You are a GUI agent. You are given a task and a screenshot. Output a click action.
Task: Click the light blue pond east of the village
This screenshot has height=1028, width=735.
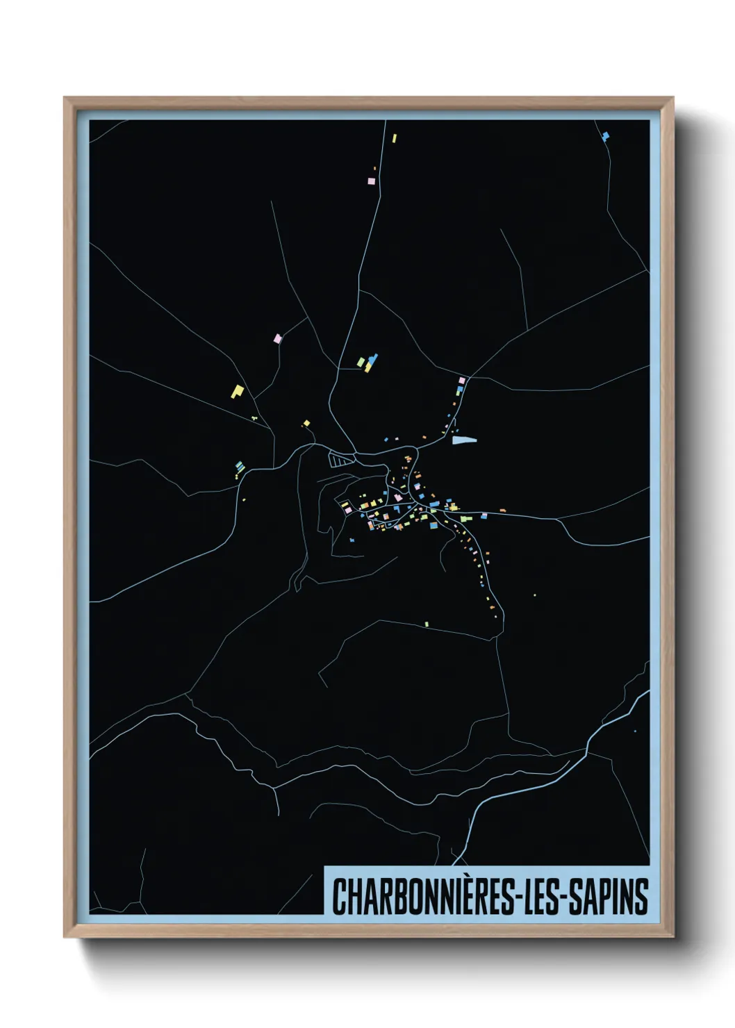[465, 440]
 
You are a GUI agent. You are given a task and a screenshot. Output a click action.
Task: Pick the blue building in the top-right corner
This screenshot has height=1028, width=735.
[605, 135]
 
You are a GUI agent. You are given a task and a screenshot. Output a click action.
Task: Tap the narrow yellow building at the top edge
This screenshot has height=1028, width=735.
[394, 138]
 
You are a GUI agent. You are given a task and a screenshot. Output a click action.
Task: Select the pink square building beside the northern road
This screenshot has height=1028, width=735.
[371, 181]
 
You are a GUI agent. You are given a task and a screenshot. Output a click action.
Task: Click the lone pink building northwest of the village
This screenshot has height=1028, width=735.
[278, 338]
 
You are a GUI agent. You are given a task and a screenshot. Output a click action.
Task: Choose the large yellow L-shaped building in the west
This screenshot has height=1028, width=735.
[238, 392]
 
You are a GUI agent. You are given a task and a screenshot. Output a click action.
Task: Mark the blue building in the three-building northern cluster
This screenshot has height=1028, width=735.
[373, 359]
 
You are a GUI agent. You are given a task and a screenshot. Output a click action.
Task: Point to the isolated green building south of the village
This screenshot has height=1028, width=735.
[427, 624]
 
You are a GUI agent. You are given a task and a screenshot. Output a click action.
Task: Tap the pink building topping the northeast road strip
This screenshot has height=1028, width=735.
[461, 381]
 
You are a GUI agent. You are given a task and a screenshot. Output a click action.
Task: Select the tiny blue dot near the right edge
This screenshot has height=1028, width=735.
[635, 731]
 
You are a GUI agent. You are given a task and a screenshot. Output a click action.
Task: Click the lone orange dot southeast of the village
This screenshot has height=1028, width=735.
[534, 595]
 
